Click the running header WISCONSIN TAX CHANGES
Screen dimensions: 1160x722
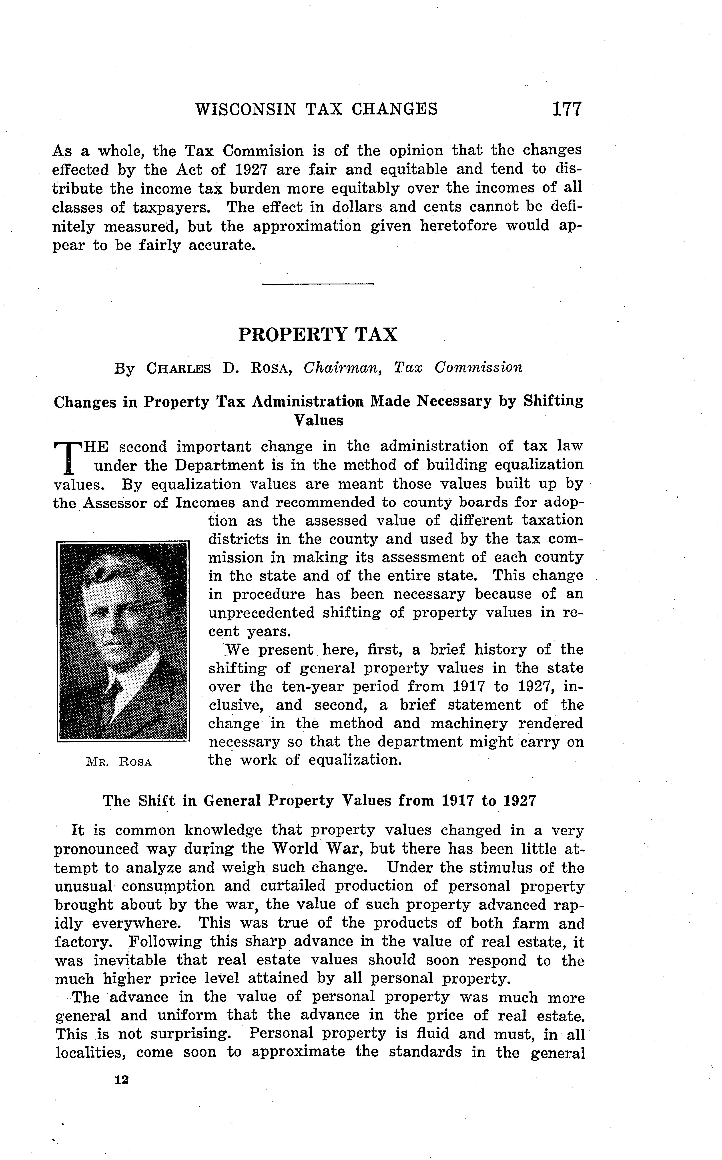click(x=316, y=109)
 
